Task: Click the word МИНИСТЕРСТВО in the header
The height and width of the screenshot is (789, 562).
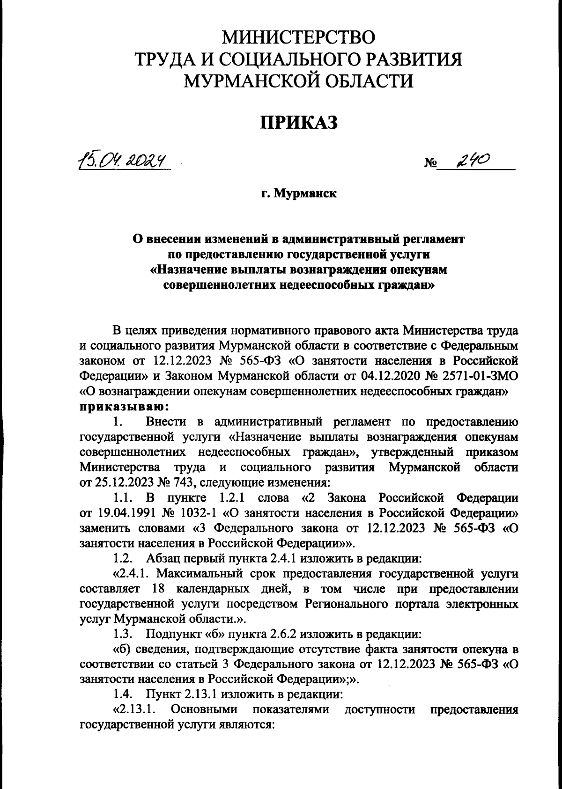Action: tap(298, 37)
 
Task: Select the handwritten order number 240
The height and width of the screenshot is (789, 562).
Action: tap(472, 162)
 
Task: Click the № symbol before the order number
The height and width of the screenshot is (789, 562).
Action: tap(430, 164)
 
